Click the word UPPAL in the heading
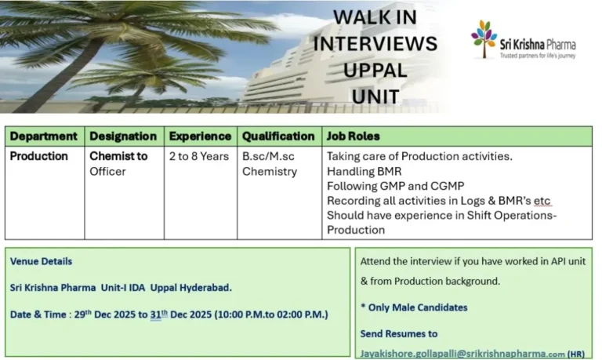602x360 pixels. tap(375, 70)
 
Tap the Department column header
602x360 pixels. tap(44, 136)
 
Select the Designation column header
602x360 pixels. tap(123, 136)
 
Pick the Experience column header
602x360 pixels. tap(200, 136)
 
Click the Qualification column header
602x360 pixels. tap(278, 136)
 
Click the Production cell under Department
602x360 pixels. tap(39, 156)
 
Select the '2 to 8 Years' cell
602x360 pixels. tap(199, 156)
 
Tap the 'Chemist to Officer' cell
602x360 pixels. tap(118, 163)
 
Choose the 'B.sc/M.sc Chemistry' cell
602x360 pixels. tap(270, 163)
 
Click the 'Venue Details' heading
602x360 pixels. tap(41, 261)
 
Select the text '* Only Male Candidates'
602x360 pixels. tap(413, 307)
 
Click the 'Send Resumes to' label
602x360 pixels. tap(399, 334)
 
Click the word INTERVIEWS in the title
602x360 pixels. tap(375, 43)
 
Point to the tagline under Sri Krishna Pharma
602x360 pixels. tap(538, 56)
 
